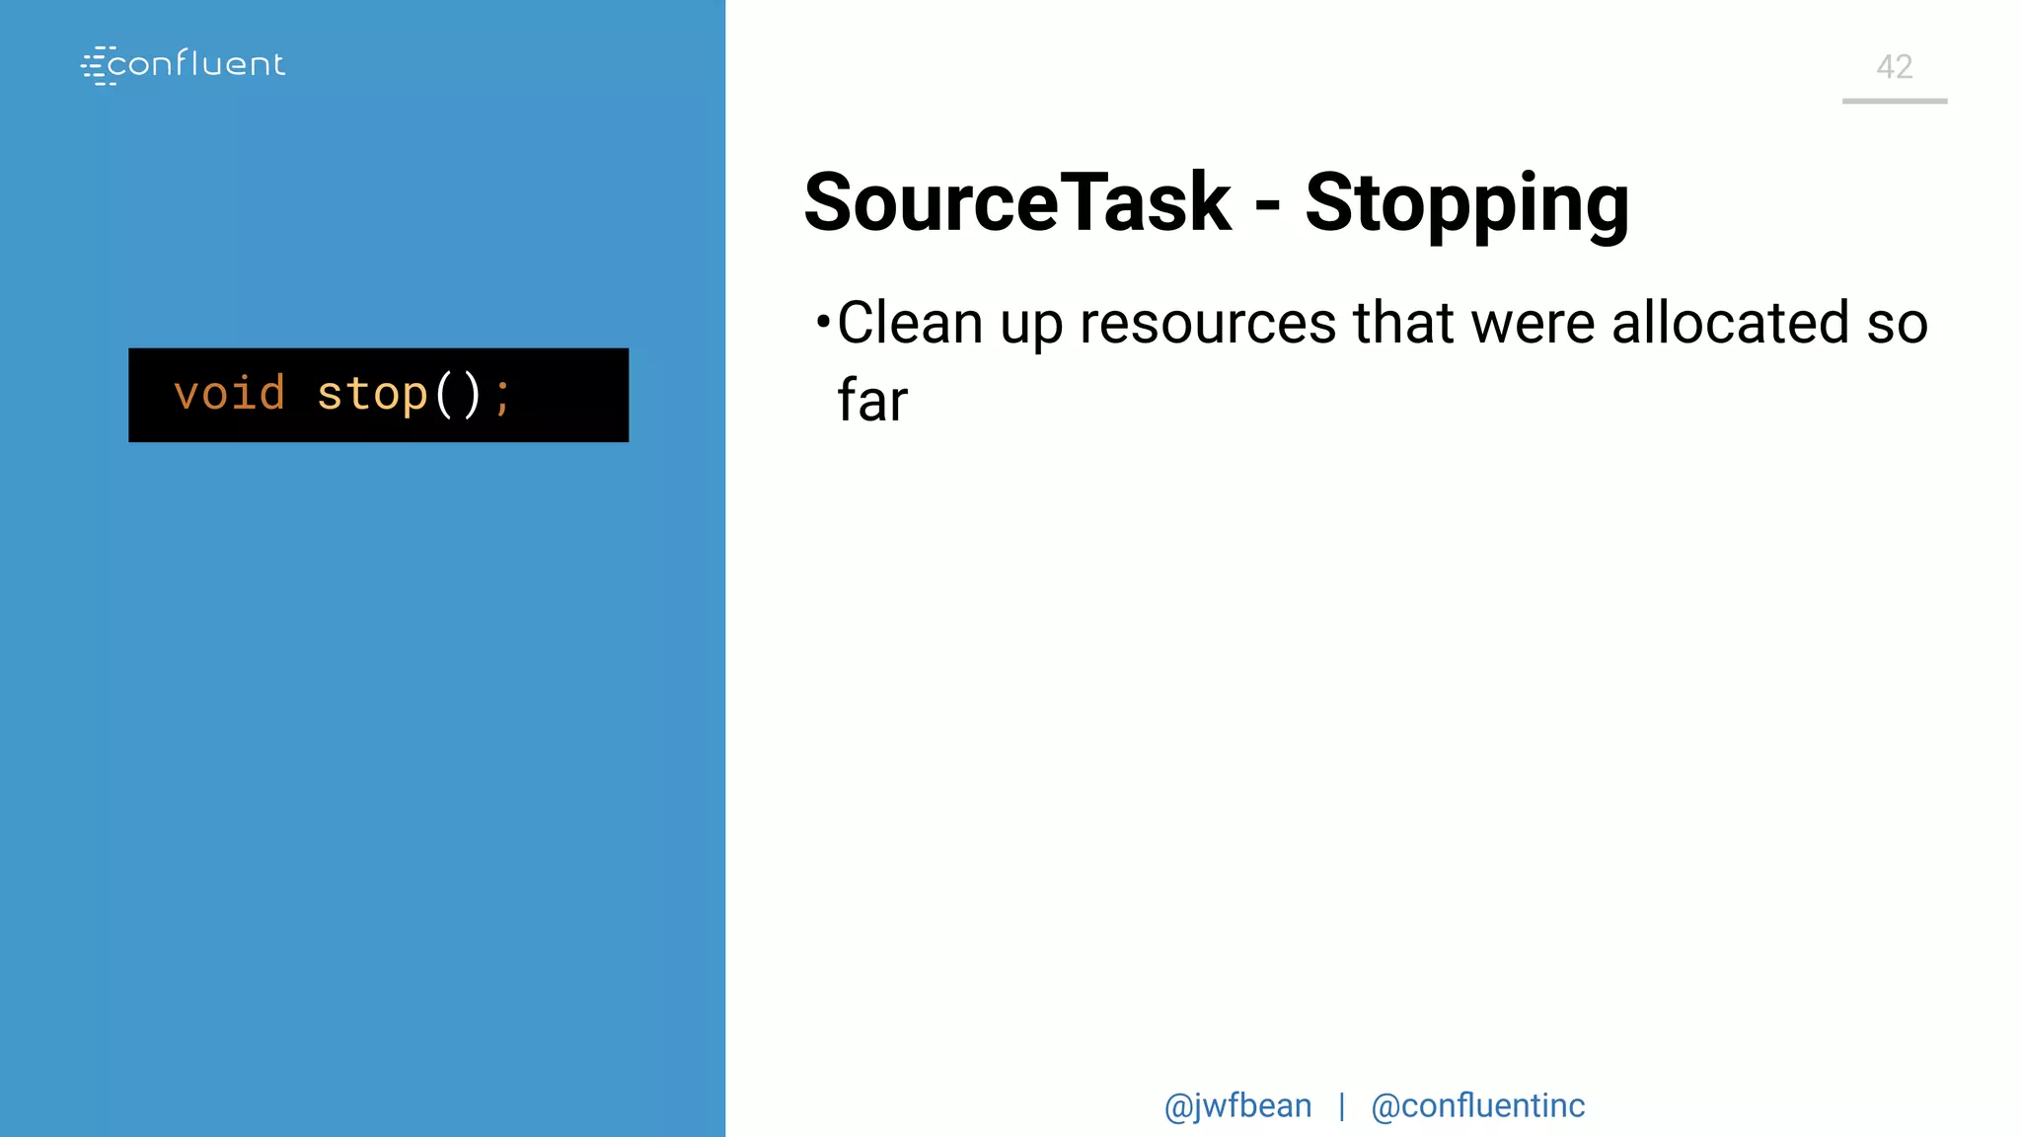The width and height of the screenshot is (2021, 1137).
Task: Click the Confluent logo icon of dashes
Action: point(98,65)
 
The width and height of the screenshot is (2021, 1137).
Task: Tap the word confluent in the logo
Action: point(196,64)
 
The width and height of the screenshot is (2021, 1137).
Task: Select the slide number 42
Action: point(1895,67)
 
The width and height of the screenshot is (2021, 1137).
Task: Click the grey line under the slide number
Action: point(1895,101)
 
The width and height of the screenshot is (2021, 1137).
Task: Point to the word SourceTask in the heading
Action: point(1017,202)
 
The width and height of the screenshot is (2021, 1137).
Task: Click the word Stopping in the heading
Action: point(1466,204)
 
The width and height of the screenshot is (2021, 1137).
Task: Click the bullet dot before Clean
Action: point(823,321)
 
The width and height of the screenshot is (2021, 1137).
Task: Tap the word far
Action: point(872,401)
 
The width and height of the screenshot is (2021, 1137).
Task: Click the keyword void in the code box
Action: point(229,394)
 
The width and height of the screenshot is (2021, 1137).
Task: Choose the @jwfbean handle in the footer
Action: point(1237,1106)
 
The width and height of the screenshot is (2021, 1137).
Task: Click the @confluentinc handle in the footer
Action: point(1477,1106)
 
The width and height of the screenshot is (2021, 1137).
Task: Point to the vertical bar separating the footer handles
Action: point(1342,1106)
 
